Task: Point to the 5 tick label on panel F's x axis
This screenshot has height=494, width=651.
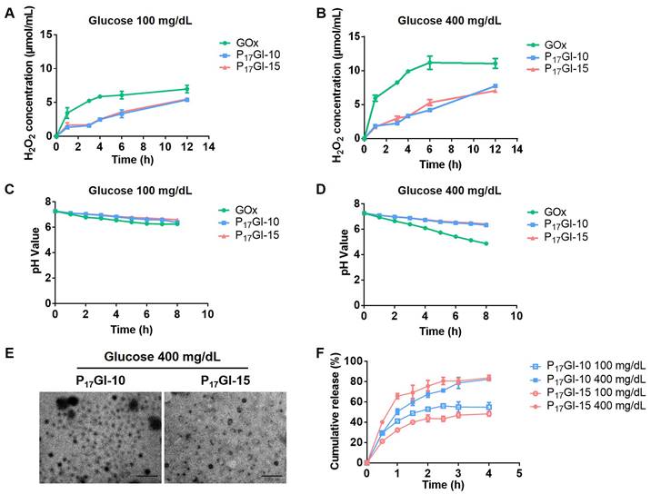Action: (517, 474)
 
